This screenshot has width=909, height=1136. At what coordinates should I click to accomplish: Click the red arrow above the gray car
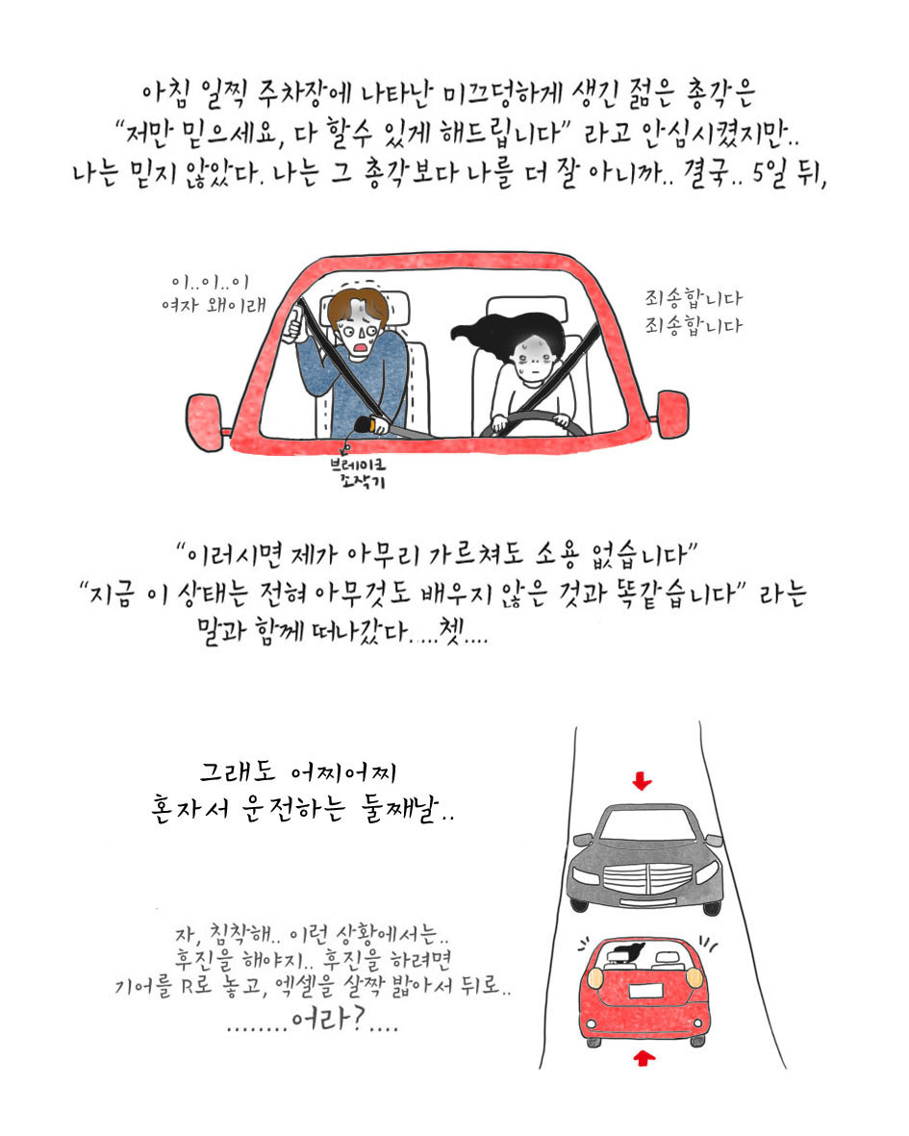(x=642, y=781)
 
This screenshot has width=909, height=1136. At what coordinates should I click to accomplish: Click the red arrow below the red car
(x=644, y=1058)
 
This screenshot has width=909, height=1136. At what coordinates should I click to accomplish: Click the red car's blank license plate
(x=649, y=991)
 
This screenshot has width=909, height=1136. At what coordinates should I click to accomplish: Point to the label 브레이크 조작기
(x=358, y=472)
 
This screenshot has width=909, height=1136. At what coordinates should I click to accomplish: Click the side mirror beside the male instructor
(x=206, y=421)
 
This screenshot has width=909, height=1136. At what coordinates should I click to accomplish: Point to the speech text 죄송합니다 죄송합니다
(x=694, y=312)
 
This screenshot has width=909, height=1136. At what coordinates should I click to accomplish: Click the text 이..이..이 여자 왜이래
(x=213, y=293)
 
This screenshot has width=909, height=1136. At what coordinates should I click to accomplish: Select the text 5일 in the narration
(x=769, y=174)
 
